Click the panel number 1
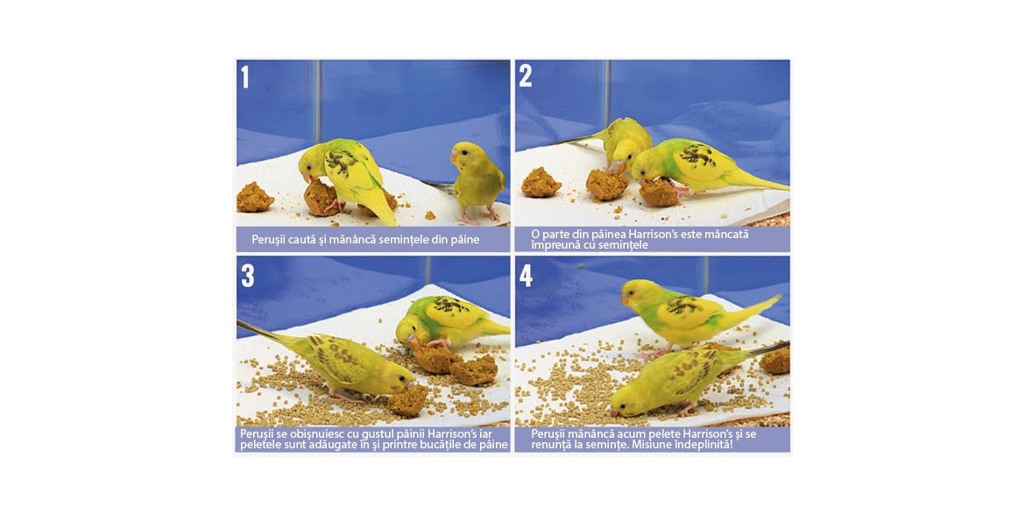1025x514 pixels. pos(244,76)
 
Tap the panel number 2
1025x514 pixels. pos(525,76)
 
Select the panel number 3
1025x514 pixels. pos(247,276)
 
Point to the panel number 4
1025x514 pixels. pos(527,276)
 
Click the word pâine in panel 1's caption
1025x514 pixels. pos(464,240)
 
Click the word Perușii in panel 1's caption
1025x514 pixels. pos(267,240)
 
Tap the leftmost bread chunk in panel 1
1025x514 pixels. pos(255,197)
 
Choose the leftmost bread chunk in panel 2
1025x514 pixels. pos(541,182)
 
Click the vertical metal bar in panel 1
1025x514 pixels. pos(317,101)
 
